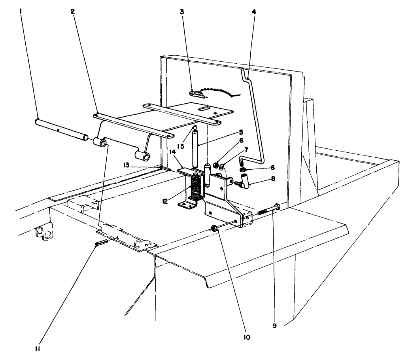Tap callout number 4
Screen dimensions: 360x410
click(254, 12)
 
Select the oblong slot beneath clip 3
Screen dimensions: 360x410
click(205, 108)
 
